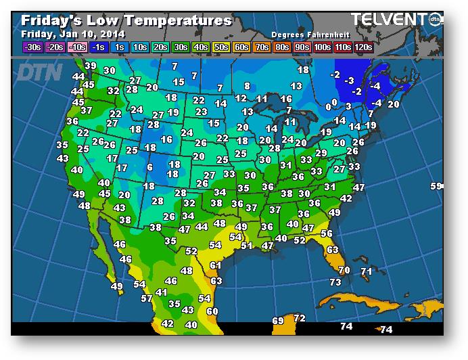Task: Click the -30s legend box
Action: (32, 47)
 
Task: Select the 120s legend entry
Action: (363, 47)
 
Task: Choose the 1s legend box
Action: (120, 47)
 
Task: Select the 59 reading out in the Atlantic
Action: (436, 186)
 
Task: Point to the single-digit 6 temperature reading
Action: (149, 167)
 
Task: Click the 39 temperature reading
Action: (91, 66)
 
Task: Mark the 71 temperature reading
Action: (366, 271)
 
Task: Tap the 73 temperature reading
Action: (335, 282)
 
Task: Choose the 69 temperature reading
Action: (278, 320)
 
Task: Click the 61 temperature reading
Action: (216, 265)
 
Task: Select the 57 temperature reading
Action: (147, 298)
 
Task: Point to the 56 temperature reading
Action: (327, 233)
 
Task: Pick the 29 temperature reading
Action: (321, 154)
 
